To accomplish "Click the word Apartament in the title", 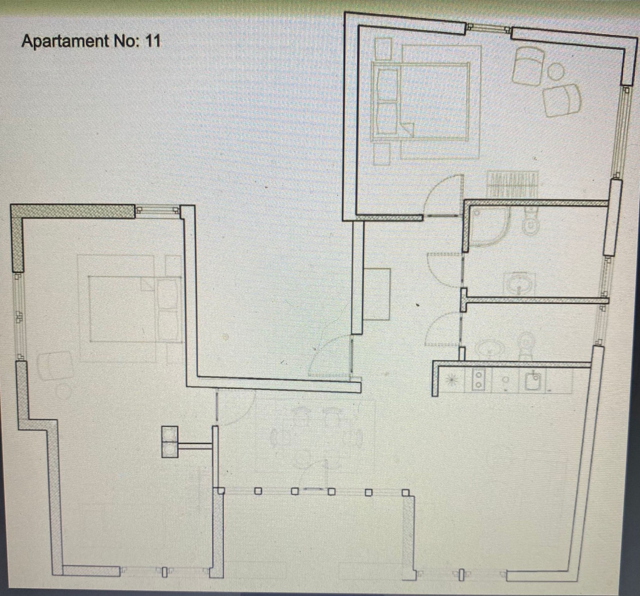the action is (65, 42).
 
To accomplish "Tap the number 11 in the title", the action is (152, 41).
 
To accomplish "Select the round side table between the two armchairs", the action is (556, 71).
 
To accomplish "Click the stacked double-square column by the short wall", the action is (170, 442).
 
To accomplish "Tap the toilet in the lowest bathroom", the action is (526, 346).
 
